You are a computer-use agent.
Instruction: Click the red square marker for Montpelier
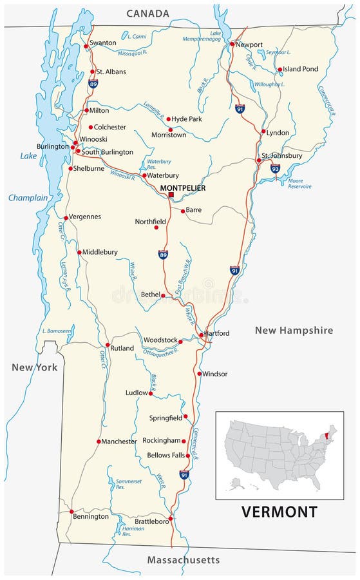[171, 195]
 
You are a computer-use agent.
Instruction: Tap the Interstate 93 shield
[275, 169]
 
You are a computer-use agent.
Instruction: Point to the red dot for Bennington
[71, 512]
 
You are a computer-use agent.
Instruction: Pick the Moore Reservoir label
[299, 184]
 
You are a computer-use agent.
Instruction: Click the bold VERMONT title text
[279, 512]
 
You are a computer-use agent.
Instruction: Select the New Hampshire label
[294, 330]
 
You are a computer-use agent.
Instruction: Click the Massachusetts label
[184, 560]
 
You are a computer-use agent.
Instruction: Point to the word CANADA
[147, 13]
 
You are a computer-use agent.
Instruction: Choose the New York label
[34, 367]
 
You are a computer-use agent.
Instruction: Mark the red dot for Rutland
[108, 345]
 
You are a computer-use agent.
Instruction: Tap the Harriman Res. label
[133, 531]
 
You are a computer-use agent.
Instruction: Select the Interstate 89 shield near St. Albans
[93, 83]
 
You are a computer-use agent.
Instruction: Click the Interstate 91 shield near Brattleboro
[185, 475]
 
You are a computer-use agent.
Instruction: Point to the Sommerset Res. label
[129, 484]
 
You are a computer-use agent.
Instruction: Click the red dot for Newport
[232, 44]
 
